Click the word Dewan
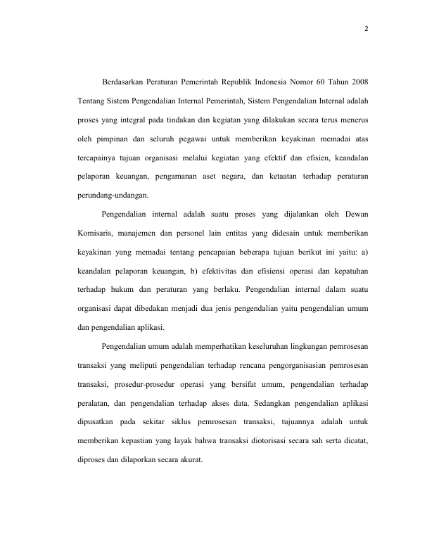[361, 214]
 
